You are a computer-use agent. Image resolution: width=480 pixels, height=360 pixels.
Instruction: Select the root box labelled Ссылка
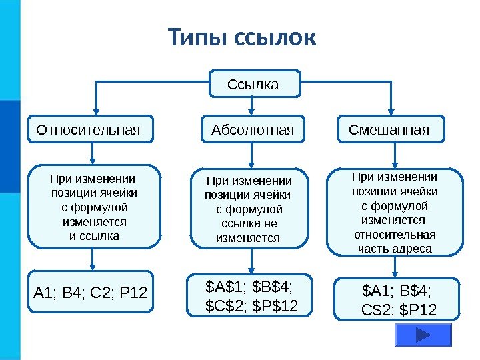pos(253,85)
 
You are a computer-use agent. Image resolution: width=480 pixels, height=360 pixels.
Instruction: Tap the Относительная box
pos(90,129)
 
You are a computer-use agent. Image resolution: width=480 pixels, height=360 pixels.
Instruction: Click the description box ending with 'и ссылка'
pos(94,207)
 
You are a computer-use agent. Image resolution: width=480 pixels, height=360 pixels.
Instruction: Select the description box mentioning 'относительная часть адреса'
pos(395,213)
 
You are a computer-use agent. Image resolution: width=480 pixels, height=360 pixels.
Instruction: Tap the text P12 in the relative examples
pos(136,292)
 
